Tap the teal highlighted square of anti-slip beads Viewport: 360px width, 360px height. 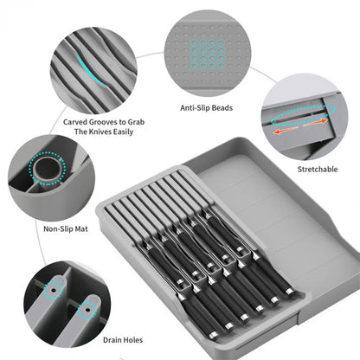[206, 55]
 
